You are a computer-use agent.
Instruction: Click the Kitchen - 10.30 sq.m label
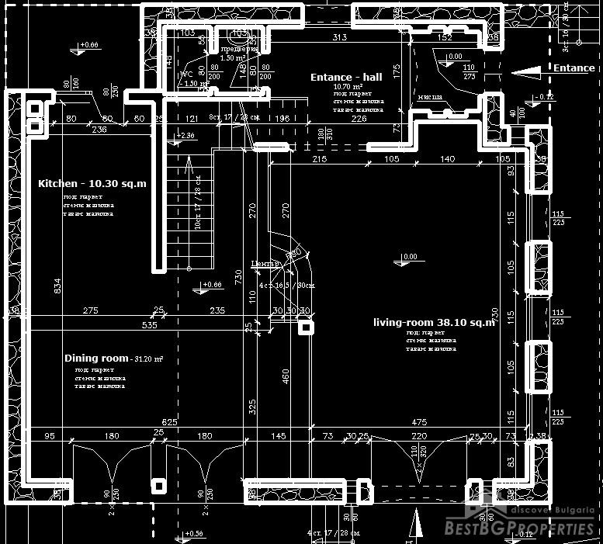92,184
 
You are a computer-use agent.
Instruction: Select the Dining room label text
96,359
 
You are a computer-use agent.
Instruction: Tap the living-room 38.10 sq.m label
433,322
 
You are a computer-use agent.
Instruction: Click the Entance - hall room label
346,77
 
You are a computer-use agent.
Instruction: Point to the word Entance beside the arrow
574,68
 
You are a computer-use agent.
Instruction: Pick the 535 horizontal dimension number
149,325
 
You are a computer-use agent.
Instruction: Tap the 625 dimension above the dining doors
170,422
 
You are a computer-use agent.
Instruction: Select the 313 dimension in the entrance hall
339,37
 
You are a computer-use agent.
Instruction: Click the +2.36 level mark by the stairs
186,136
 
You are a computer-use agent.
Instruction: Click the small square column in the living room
306,327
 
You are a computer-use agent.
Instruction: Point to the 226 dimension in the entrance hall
359,119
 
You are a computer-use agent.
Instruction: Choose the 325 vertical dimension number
251,405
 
